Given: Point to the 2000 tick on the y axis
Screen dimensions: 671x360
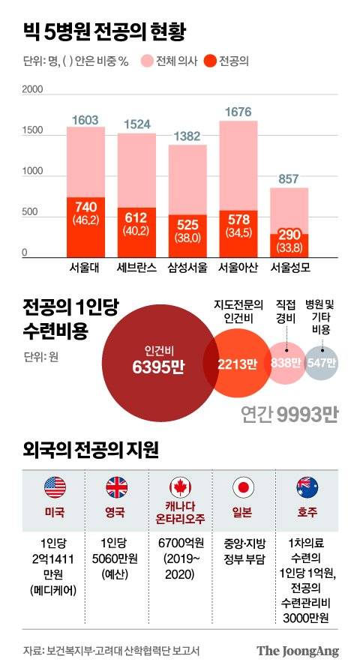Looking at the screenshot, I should coord(33,90).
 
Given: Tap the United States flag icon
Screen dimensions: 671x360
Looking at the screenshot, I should coord(55,487).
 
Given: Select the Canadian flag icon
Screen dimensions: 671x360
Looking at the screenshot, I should coord(181,487).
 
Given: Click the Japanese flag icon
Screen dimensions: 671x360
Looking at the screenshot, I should coord(244,487).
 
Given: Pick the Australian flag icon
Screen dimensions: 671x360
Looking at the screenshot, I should coord(307,487).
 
